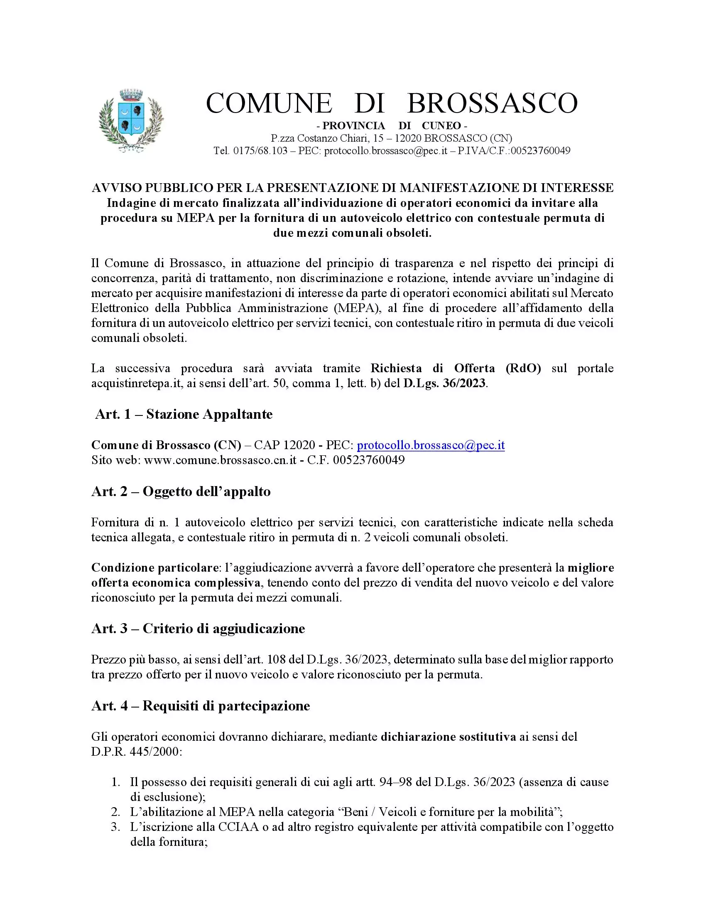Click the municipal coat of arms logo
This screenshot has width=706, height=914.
(x=131, y=121)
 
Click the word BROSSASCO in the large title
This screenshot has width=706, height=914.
(x=492, y=103)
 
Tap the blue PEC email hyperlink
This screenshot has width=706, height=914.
(x=431, y=445)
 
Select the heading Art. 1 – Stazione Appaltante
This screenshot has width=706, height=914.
(x=184, y=414)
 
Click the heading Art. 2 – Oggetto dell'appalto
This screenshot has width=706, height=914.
(x=181, y=491)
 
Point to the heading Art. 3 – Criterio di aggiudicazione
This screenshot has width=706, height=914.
(x=198, y=629)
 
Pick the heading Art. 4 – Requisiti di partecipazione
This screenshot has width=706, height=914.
(x=200, y=705)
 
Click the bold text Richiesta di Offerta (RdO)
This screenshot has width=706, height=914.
(x=456, y=368)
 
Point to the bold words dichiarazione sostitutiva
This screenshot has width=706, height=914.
(x=448, y=737)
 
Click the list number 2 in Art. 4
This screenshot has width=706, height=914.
(x=115, y=812)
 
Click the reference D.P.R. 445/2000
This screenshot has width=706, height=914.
(x=136, y=752)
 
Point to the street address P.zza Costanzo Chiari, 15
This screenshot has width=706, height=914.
(x=326, y=138)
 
